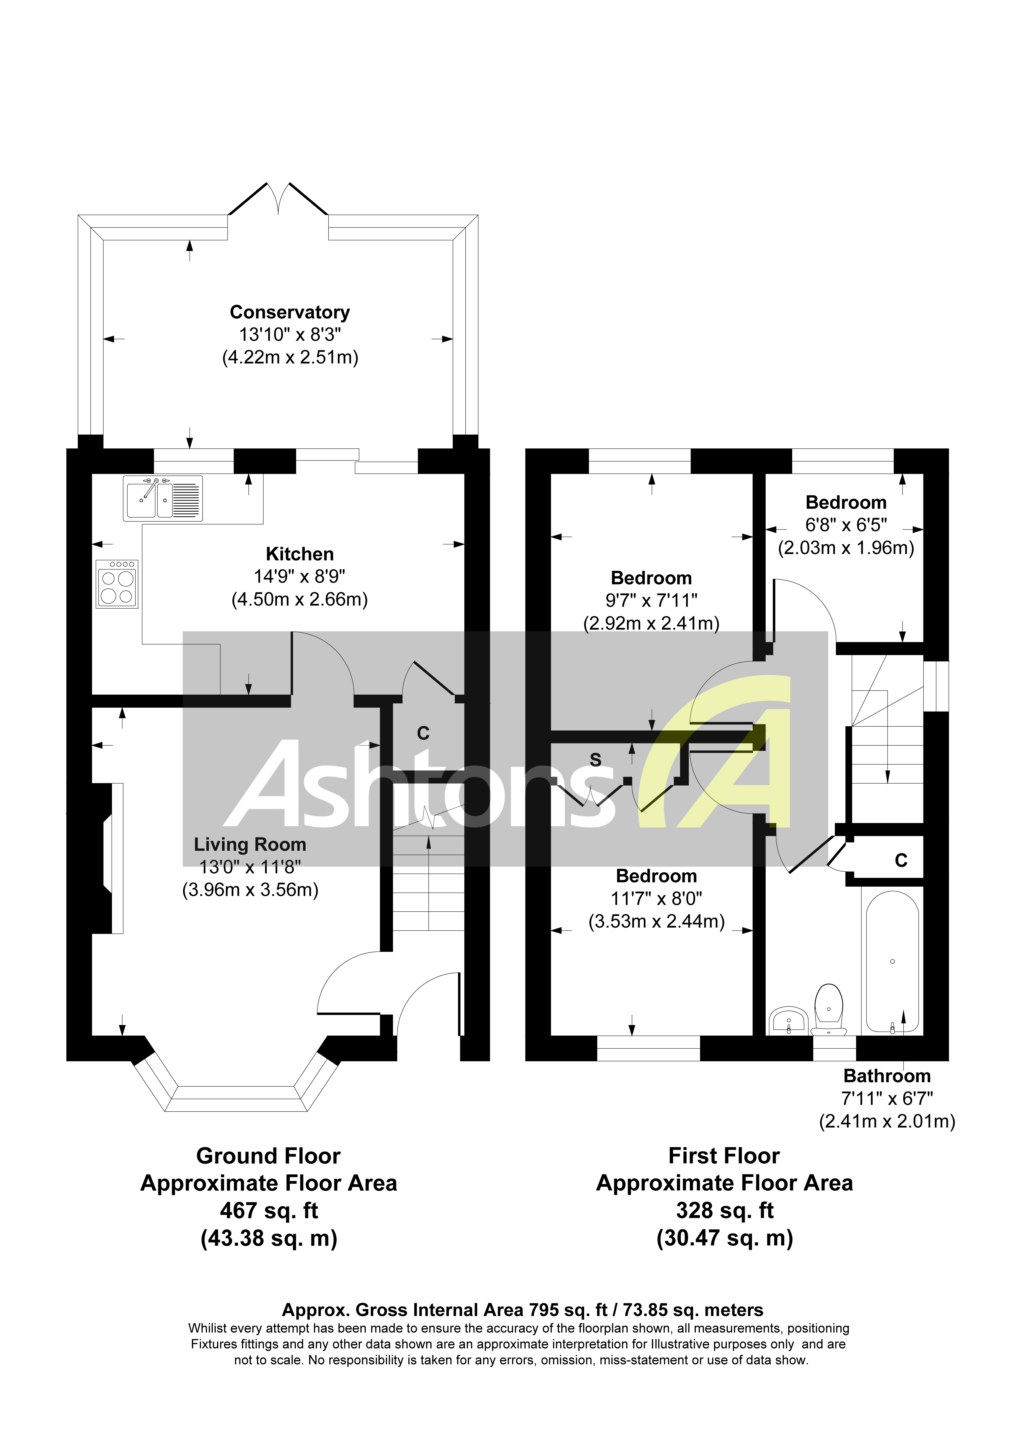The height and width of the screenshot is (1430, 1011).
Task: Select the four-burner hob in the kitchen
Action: (116, 584)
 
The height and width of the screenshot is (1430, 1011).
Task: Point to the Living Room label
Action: (250, 845)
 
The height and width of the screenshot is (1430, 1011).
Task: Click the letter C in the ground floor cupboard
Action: (423, 734)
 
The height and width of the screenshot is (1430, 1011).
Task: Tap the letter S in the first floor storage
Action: (595, 760)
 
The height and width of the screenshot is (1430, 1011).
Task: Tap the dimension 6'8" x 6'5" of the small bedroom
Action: (846, 525)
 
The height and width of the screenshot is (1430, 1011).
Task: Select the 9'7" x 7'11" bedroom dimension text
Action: (651, 600)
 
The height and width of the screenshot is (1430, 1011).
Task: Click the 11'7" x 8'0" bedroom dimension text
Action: (656, 899)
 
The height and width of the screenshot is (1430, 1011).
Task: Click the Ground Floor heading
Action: (268, 1156)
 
